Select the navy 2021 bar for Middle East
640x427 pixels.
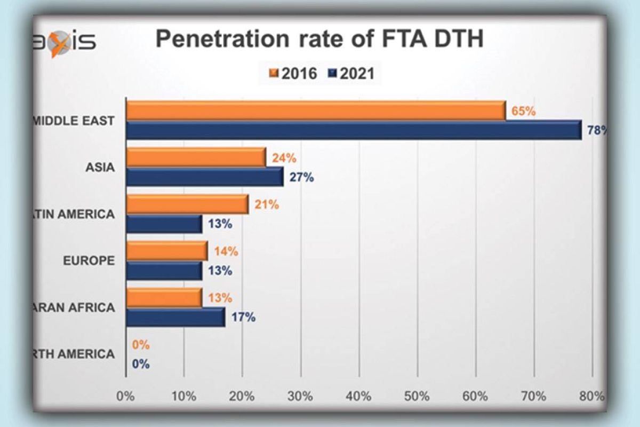pyautogui.click(x=354, y=130)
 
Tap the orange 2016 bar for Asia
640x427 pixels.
pyautogui.click(x=196, y=157)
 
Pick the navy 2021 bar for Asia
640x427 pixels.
pyautogui.click(x=204, y=177)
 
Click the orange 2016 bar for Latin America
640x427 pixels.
pyautogui.click(x=187, y=204)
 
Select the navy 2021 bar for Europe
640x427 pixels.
pyautogui.click(x=164, y=271)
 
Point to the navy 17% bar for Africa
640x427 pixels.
pyautogui.click(x=175, y=317)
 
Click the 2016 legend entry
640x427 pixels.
pyautogui.click(x=294, y=73)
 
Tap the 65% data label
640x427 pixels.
pyautogui.click(x=523, y=112)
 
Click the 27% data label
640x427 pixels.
pyautogui.click(x=302, y=178)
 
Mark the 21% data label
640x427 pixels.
pyautogui.click(x=267, y=204)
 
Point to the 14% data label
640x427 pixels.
pyautogui.click(x=226, y=251)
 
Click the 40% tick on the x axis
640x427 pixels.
pyautogui.click(x=358, y=397)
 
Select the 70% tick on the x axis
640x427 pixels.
pyautogui.click(x=533, y=397)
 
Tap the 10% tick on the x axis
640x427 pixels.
pyautogui.click(x=184, y=397)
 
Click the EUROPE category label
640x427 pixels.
pyautogui.click(x=89, y=261)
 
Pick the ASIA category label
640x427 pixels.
pyautogui.click(x=100, y=168)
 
